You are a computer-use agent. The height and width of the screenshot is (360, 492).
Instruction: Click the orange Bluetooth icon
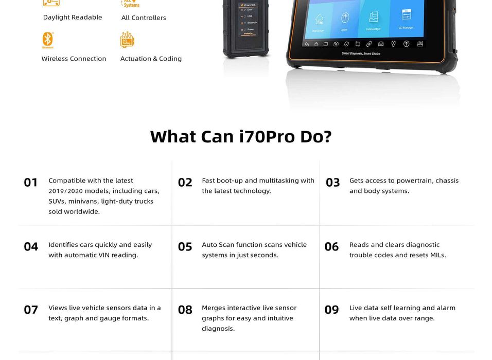point(48,40)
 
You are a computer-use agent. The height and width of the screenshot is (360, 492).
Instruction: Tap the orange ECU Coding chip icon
point(127,40)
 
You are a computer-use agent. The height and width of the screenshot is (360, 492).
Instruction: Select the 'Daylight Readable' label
point(73,17)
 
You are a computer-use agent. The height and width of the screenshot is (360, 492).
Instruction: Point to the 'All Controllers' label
point(144,17)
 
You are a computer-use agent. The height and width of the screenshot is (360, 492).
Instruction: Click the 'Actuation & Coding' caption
point(151,59)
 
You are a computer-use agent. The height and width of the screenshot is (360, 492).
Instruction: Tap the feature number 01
point(31,183)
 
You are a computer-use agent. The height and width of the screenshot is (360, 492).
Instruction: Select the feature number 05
point(185,247)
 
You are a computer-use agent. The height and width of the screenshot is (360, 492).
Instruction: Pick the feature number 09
point(332,310)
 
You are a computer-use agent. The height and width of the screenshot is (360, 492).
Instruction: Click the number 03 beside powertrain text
point(333,183)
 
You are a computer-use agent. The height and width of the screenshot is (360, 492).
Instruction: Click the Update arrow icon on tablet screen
point(345,19)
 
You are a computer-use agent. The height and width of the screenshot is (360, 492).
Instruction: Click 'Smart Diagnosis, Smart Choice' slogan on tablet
point(361,53)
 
